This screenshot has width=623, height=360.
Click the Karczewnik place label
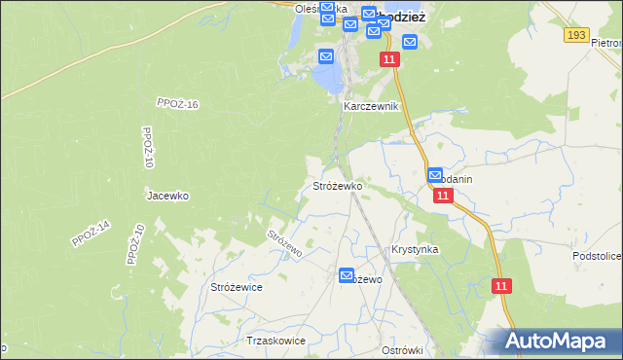[x=370, y=106]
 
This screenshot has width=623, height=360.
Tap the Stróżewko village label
[x=337, y=185]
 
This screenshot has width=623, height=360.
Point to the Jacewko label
[x=167, y=196]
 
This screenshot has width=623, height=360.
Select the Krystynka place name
[x=415, y=249]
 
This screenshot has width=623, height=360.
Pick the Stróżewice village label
[x=237, y=287]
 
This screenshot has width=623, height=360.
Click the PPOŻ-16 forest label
[x=177, y=103]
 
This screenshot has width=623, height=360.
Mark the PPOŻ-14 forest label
[x=92, y=234]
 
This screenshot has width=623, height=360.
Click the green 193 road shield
[x=575, y=35]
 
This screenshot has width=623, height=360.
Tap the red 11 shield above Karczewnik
[x=389, y=60]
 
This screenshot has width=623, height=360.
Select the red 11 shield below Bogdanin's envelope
[x=443, y=196]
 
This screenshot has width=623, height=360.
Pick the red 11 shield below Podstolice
[x=501, y=286]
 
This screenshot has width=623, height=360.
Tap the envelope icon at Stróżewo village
[x=348, y=276]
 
